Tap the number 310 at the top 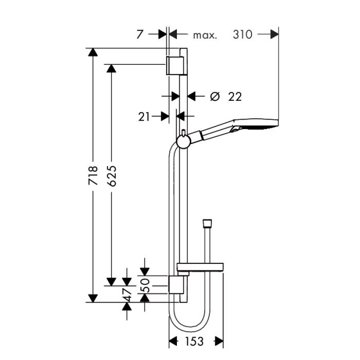(243, 35)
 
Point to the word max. (205, 35)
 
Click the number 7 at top (140, 35)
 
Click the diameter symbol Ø (215, 96)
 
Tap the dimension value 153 (194, 342)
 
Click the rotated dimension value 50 (146, 284)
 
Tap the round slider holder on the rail (183, 142)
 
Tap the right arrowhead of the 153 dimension (219, 342)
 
